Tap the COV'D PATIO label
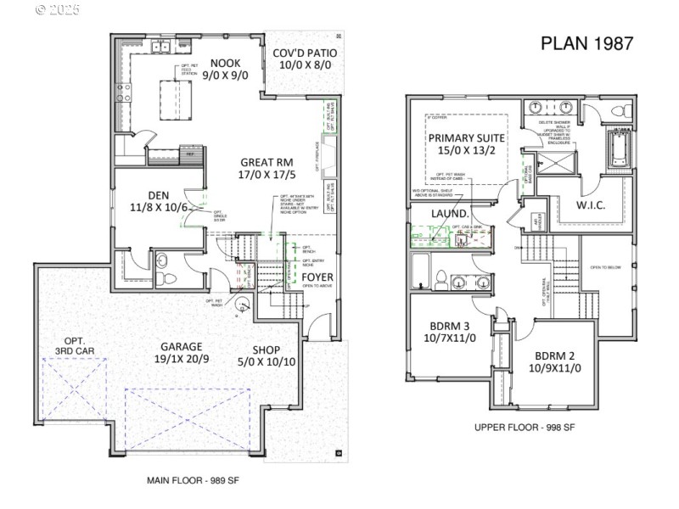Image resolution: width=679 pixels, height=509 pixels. point(305,53)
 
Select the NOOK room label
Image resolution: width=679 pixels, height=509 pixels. point(226,63)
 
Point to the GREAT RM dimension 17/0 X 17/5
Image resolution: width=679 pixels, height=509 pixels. point(267,175)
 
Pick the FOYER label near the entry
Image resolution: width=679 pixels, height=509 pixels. point(317,277)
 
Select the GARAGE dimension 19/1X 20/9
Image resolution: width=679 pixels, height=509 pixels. point(182,360)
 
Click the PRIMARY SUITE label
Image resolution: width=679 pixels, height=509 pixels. point(467,138)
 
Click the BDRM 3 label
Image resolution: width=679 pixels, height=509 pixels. point(450,326)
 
